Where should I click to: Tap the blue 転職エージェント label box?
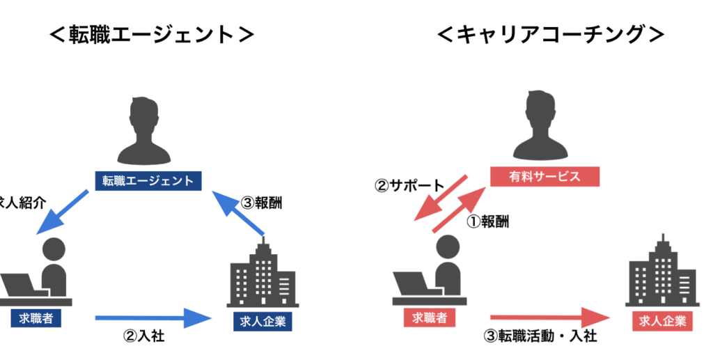pyautogui.click(x=148, y=180)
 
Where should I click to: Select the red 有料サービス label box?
pyautogui.click(x=545, y=176)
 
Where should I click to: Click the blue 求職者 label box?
pyautogui.click(x=31, y=318)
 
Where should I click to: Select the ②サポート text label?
pyautogui.click(x=409, y=186)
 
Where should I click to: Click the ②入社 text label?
pyautogui.click(x=143, y=336)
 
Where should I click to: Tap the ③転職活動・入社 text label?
pyautogui.click(x=540, y=336)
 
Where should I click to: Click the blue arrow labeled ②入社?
pyautogui.click(x=152, y=318)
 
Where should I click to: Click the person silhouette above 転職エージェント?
pyautogui.click(x=148, y=130)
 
